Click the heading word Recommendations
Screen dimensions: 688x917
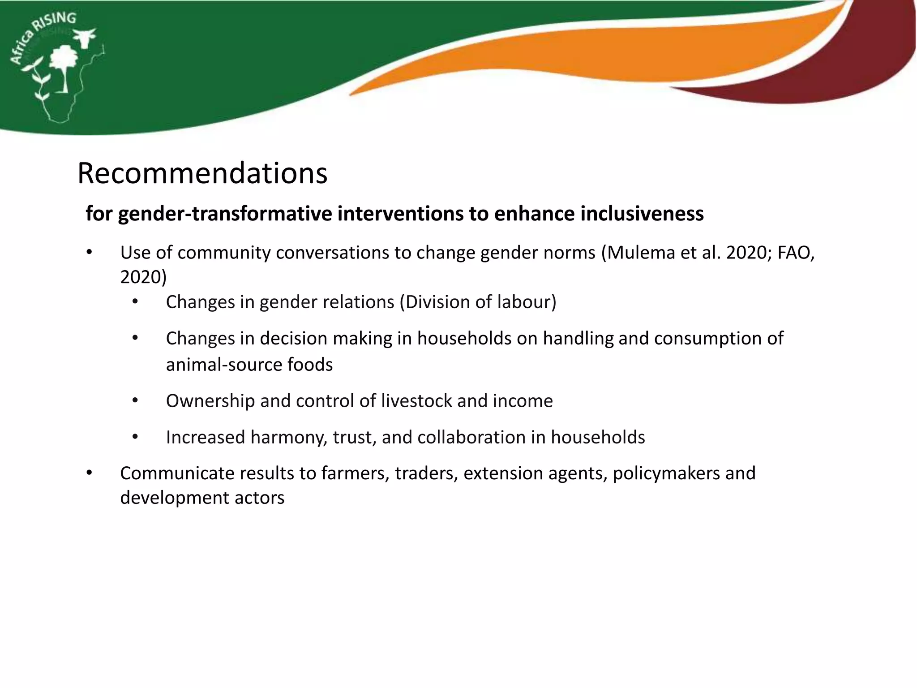(202, 173)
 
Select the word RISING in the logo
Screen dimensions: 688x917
(56, 22)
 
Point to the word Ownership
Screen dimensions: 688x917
(210, 401)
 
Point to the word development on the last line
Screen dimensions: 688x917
(178, 498)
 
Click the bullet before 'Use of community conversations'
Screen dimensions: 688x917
(90, 253)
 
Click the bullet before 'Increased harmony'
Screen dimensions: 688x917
(135, 438)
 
